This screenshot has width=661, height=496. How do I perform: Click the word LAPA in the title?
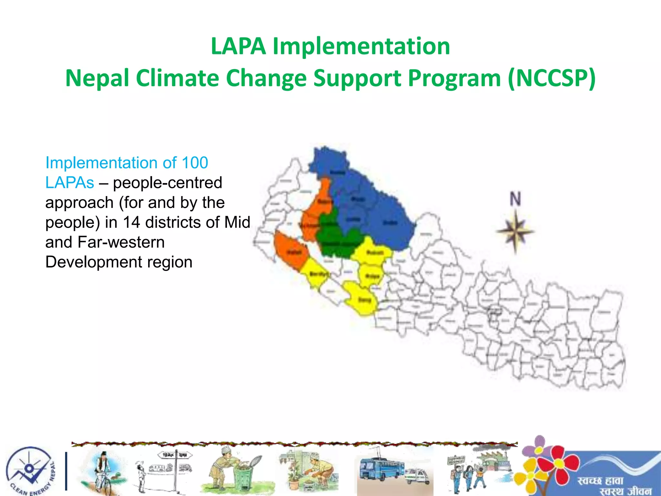[238, 46]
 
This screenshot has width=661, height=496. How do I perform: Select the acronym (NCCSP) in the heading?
[551, 78]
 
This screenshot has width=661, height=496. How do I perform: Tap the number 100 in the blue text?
[195, 163]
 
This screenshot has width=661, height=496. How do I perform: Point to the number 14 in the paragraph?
[131, 222]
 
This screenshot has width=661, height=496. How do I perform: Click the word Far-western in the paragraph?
[121, 242]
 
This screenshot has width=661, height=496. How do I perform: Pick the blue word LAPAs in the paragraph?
[70, 183]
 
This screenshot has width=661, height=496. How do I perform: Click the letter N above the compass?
[515, 199]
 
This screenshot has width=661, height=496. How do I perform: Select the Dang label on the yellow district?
[365, 300]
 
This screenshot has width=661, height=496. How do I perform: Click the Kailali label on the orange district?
[294, 252]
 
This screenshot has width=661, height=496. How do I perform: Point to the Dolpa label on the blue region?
[390, 223]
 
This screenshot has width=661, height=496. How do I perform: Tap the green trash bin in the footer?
[243, 478]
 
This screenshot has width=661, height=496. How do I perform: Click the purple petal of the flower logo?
[539, 442]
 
